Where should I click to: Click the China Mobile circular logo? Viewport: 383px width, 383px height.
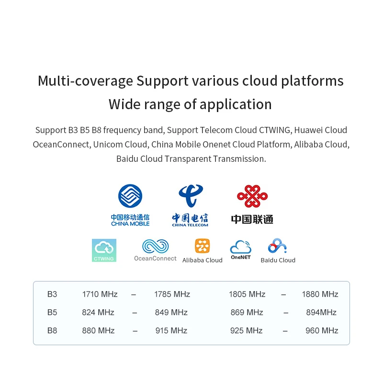click(130, 196)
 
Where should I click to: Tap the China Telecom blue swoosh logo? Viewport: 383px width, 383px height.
click(191, 195)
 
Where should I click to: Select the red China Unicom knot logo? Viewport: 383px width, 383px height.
click(252, 196)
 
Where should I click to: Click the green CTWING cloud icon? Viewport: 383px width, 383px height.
click(104, 250)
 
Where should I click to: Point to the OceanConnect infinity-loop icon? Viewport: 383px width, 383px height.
click(155, 246)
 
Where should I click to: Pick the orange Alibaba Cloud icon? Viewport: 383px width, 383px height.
click(202, 246)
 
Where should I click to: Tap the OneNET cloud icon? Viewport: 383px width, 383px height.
click(241, 247)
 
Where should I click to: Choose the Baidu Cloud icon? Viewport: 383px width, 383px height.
click(277, 246)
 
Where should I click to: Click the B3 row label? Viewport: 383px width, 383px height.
click(52, 294)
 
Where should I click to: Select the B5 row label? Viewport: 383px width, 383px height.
click(52, 313)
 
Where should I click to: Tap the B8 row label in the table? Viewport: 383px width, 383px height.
click(52, 331)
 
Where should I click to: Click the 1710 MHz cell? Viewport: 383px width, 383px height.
click(100, 294)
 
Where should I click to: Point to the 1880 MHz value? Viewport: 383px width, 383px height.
click(320, 294)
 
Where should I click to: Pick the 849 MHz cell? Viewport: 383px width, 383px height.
click(171, 313)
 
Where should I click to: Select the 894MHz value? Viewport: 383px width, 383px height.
click(321, 313)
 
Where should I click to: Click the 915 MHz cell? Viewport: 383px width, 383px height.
click(171, 331)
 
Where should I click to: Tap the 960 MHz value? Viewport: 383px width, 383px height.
click(322, 331)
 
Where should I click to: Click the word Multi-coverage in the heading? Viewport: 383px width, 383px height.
click(85, 81)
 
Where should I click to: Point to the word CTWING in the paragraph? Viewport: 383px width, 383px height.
click(274, 130)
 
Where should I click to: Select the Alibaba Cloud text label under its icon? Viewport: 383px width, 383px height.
click(202, 260)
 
